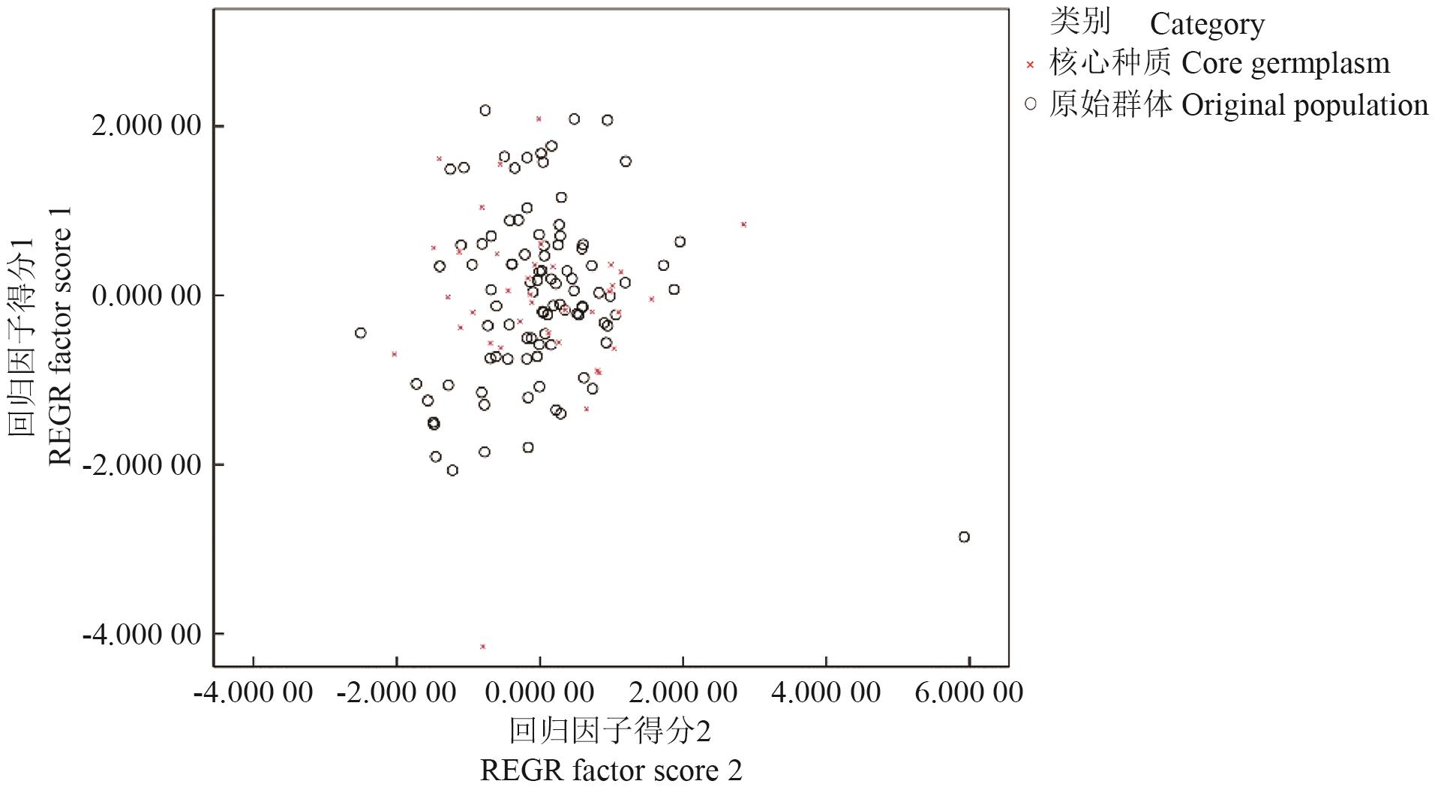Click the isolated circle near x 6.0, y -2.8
coord(964,536)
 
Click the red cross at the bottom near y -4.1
coord(482,646)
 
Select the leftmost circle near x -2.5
coord(360,332)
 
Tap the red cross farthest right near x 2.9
coord(743,224)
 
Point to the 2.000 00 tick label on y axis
coord(146,125)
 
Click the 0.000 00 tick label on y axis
coord(146,295)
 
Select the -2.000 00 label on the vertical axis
coord(142,464)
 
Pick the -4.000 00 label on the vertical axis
coord(142,635)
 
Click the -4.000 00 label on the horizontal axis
coord(253,692)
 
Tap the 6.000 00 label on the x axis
coord(968,692)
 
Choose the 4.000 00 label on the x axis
coord(825,692)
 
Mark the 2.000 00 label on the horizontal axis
coord(683,692)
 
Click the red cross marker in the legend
coord(1030,65)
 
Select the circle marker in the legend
coord(1030,104)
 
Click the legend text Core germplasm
coord(1285,64)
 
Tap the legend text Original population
coord(1304,105)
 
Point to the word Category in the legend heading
coord(1207,24)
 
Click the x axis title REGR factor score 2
coord(611,770)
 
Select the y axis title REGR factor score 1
coord(60,335)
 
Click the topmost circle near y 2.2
coord(485,110)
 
